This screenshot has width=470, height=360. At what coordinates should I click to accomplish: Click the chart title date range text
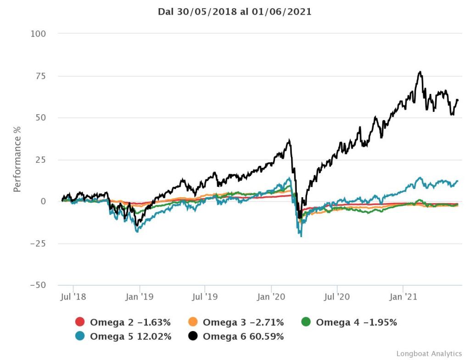(235, 12)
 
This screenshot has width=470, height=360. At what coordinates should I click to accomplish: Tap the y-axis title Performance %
(17, 159)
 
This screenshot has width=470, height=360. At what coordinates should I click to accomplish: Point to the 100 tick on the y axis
(38, 34)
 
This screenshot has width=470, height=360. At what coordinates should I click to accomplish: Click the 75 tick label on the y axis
(40, 76)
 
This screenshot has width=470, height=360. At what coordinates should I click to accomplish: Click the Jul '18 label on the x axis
(73, 297)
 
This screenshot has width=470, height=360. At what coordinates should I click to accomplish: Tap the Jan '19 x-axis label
(140, 297)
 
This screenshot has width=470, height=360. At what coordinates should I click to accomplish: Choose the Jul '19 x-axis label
(205, 297)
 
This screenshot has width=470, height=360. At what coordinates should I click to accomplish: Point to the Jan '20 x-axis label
(271, 297)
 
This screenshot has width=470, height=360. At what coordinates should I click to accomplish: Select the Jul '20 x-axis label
(337, 297)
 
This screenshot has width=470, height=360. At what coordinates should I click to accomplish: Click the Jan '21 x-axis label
(403, 297)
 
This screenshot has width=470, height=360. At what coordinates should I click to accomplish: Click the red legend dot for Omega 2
(79, 322)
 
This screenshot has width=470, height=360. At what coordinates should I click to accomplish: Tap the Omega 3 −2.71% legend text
(243, 322)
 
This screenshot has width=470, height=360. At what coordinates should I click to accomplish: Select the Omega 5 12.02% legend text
(130, 337)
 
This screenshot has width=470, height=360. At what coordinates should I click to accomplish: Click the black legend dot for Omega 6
(193, 337)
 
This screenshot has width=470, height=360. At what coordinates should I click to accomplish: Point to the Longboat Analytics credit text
(429, 354)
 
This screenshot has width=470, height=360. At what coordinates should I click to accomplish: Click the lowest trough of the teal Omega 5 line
(301, 236)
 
